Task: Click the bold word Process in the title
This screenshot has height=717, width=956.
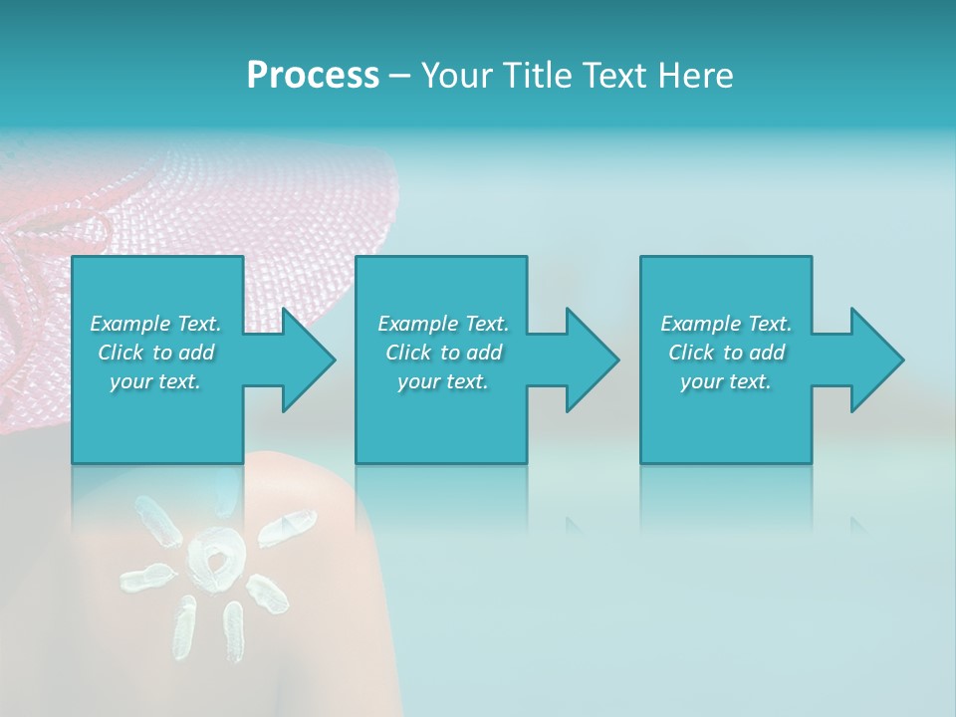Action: (x=313, y=75)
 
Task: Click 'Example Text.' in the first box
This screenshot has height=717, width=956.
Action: (x=156, y=324)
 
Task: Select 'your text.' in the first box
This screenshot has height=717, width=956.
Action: (x=156, y=381)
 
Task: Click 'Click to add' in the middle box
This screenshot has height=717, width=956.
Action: (x=443, y=353)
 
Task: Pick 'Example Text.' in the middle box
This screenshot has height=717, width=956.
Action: (x=443, y=324)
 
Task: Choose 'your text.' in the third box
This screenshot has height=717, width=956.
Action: (x=726, y=381)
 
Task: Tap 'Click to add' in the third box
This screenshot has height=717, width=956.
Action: (x=726, y=353)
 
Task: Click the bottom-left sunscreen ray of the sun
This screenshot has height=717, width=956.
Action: (x=184, y=627)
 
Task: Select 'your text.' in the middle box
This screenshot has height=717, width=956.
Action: (x=443, y=381)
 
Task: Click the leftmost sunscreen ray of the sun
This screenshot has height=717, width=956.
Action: (x=147, y=578)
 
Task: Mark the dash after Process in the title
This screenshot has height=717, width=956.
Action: (x=399, y=76)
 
